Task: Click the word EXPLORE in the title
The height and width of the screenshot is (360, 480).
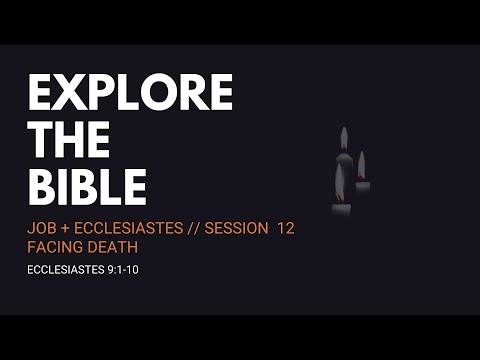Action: click(130, 94)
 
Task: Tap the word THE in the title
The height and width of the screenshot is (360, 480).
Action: click(71, 141)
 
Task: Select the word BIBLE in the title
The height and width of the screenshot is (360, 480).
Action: click(87, 187)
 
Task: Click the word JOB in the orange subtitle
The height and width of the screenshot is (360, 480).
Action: click(42, 228)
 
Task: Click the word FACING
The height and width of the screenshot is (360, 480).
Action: click(54, 246)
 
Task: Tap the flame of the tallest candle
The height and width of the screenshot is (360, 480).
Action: click(344, 139)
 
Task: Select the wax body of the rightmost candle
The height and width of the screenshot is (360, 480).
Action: click(362, 187)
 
